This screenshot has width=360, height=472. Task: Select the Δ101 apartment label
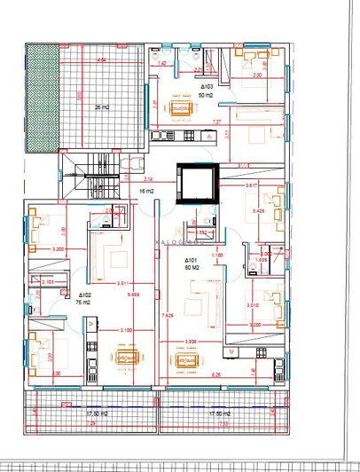tap(190, 261)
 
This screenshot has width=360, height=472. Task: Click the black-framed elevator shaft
tap(194, 183)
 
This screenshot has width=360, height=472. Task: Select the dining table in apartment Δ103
tap(185, 107)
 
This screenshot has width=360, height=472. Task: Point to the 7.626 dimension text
tap(167, 314)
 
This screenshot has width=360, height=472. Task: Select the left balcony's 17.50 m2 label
tap(97, 413)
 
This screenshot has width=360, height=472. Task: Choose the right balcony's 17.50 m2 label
tap(217, 413)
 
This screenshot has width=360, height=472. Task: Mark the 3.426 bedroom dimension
tap(259, 212)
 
